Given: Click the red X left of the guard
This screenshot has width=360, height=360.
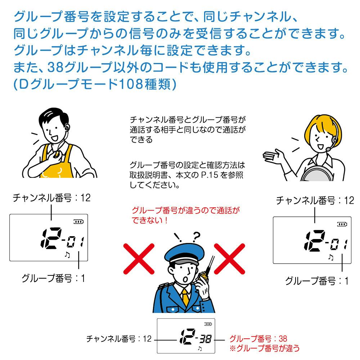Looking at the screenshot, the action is point(139,259).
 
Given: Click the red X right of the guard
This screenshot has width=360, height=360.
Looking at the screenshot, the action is point(229,259).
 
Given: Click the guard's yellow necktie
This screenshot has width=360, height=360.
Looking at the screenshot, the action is point(185,297).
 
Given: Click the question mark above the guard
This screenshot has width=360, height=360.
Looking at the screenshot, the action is point(196,237).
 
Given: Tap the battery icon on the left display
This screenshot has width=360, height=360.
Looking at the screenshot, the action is point(78,221).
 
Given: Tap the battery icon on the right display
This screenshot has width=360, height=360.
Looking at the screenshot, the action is point(342,224).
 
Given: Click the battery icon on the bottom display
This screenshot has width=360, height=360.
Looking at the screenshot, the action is point(208,324).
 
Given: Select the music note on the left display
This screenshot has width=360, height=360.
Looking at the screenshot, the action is point(67,255).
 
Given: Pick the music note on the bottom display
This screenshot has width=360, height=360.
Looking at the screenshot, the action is point(200,348).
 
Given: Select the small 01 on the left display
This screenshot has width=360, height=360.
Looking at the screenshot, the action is point(75,242).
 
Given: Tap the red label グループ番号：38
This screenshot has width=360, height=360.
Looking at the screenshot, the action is point(258,338).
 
